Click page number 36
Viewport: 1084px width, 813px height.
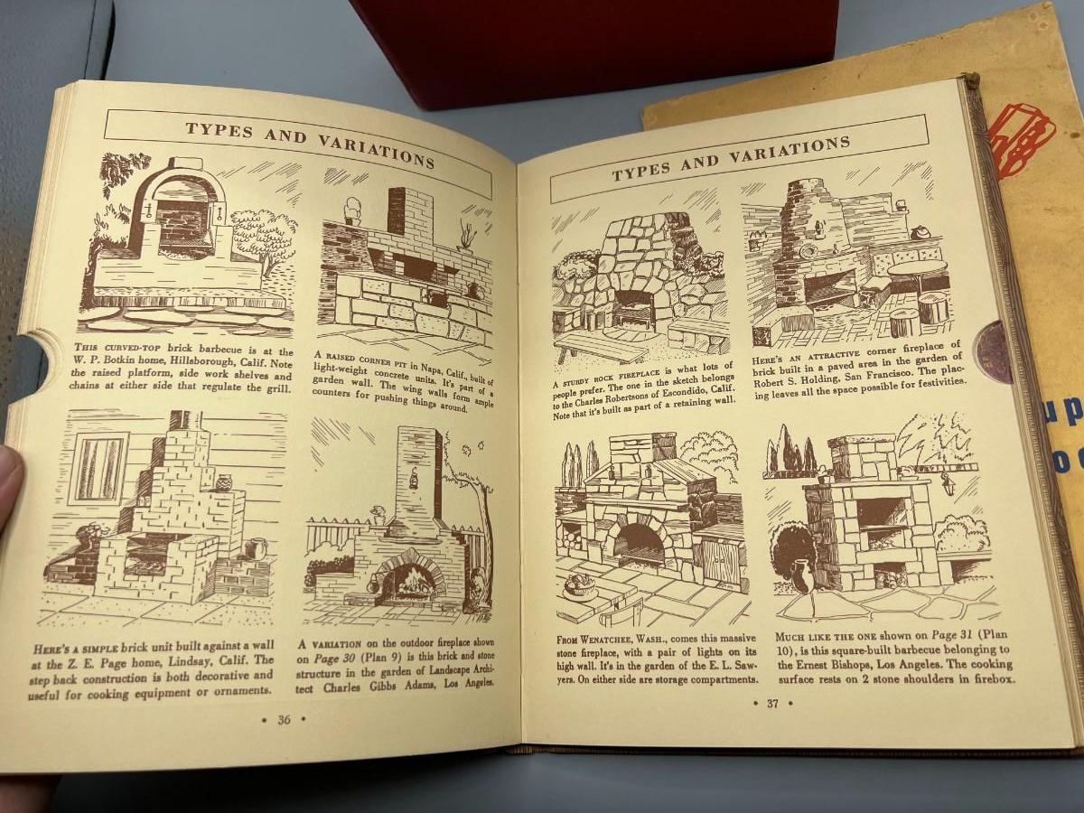click(284, 719)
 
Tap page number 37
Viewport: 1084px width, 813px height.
click(772, 704)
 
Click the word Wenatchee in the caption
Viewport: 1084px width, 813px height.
click(612, 639)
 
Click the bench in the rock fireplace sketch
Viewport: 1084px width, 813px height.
click(600, 348)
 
